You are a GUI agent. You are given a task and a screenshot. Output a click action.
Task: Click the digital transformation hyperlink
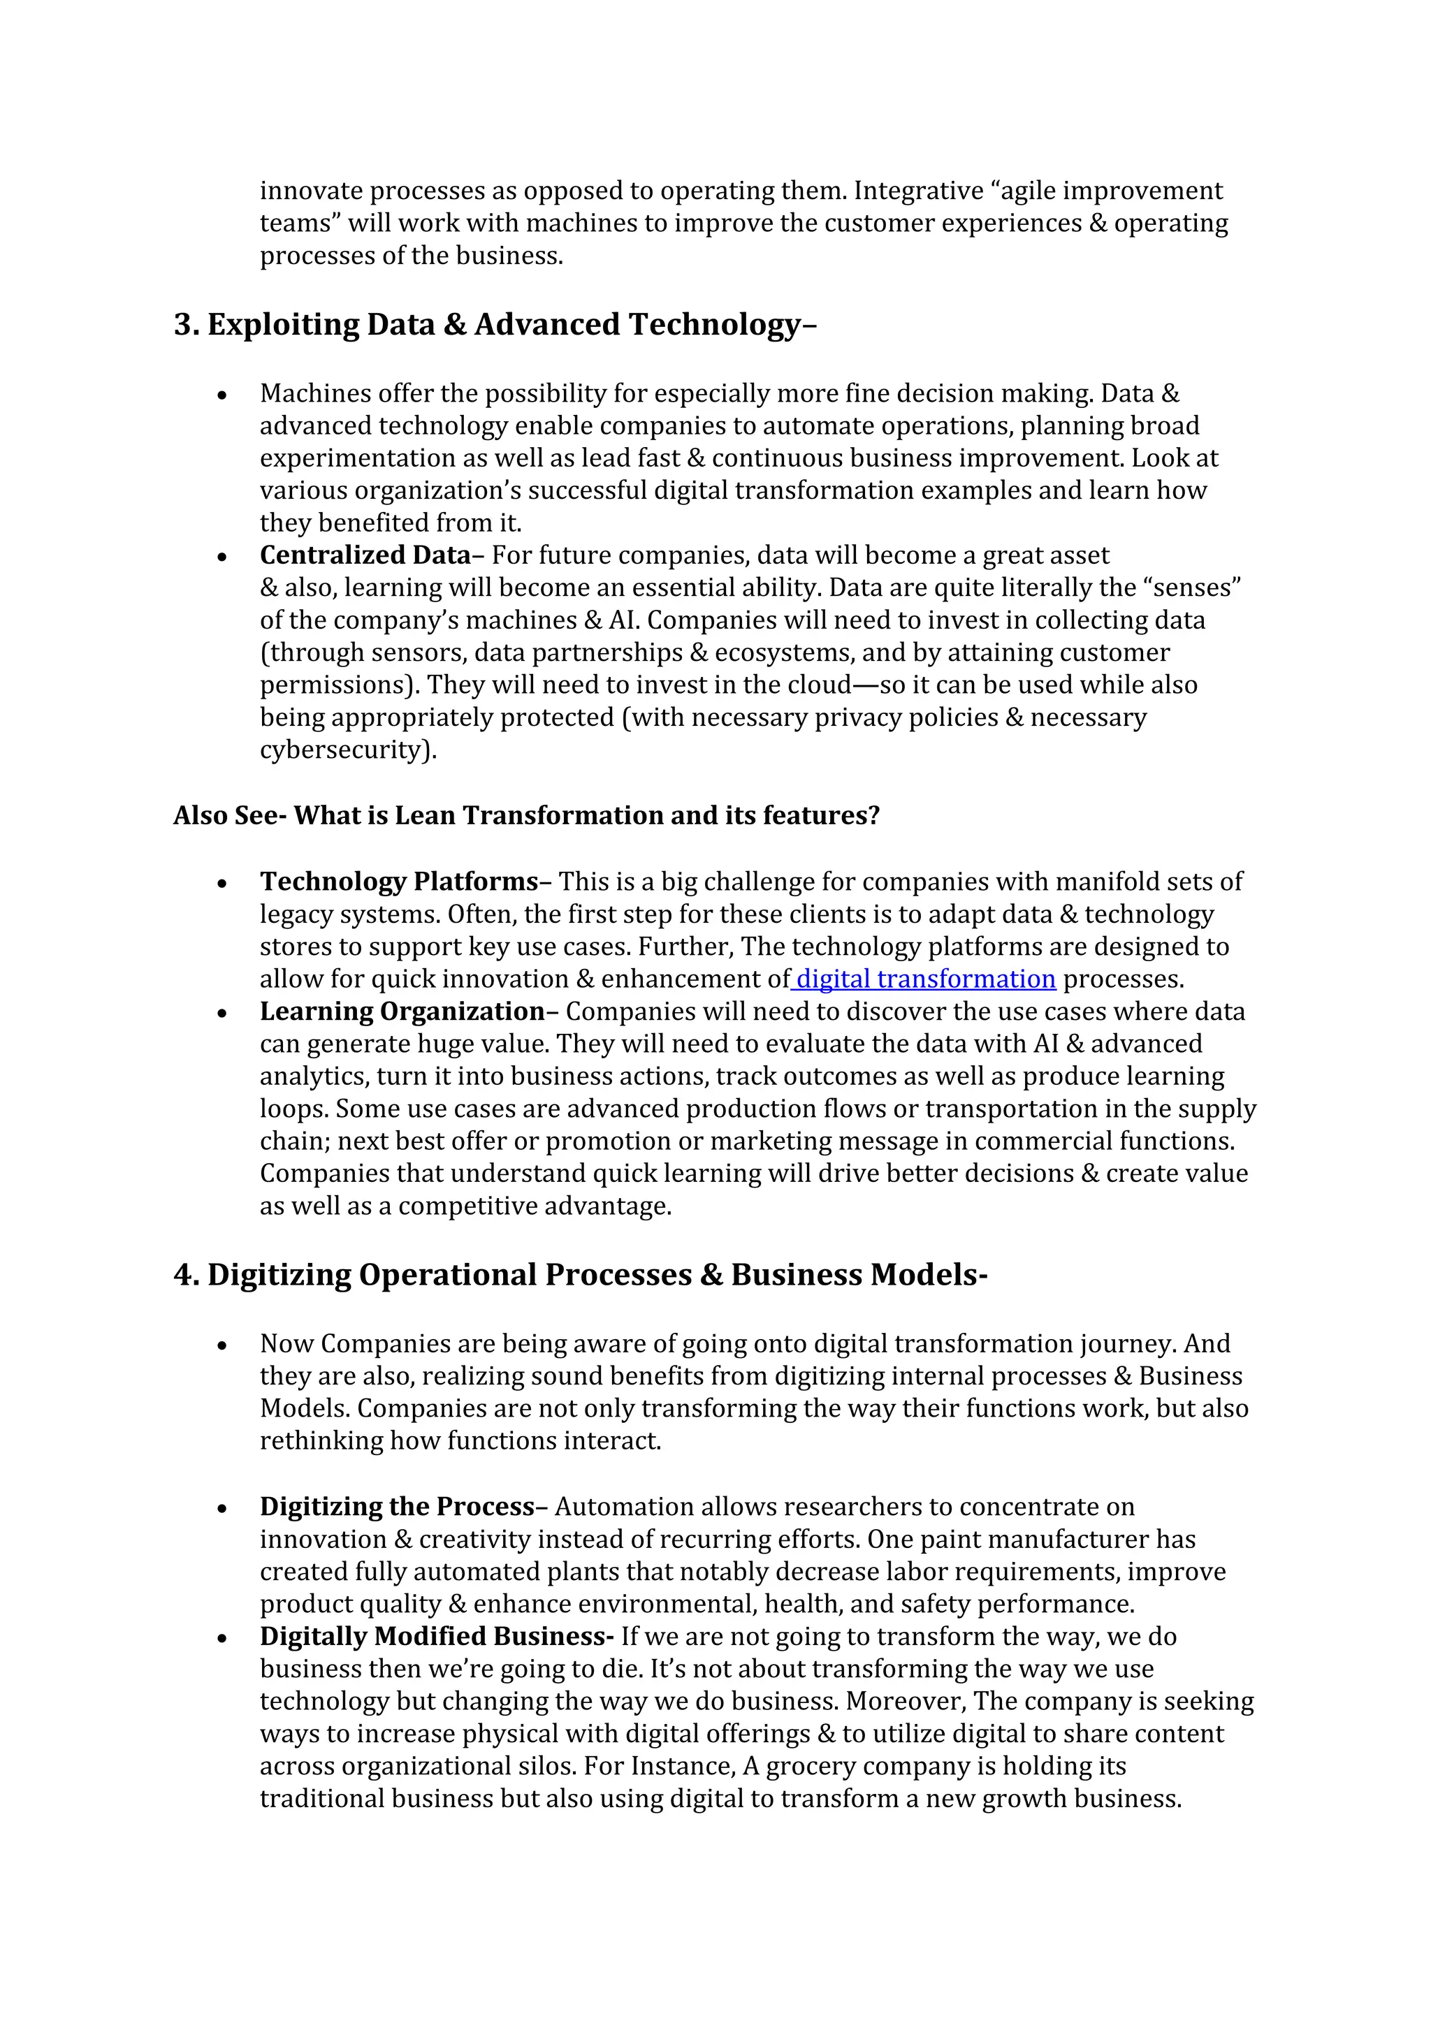click(925, 979)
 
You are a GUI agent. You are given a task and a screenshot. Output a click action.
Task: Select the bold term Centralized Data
click(365, 555)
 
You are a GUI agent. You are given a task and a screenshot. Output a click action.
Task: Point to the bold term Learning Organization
click(402, 1011)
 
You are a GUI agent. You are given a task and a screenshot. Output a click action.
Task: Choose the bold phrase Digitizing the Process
click(396, 1507)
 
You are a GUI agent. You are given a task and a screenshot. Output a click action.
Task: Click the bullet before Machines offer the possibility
click(223, 395)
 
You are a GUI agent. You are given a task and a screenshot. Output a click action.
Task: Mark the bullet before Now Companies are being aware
click(223, 1345)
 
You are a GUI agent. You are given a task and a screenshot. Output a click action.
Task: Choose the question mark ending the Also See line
click(873, 815)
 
